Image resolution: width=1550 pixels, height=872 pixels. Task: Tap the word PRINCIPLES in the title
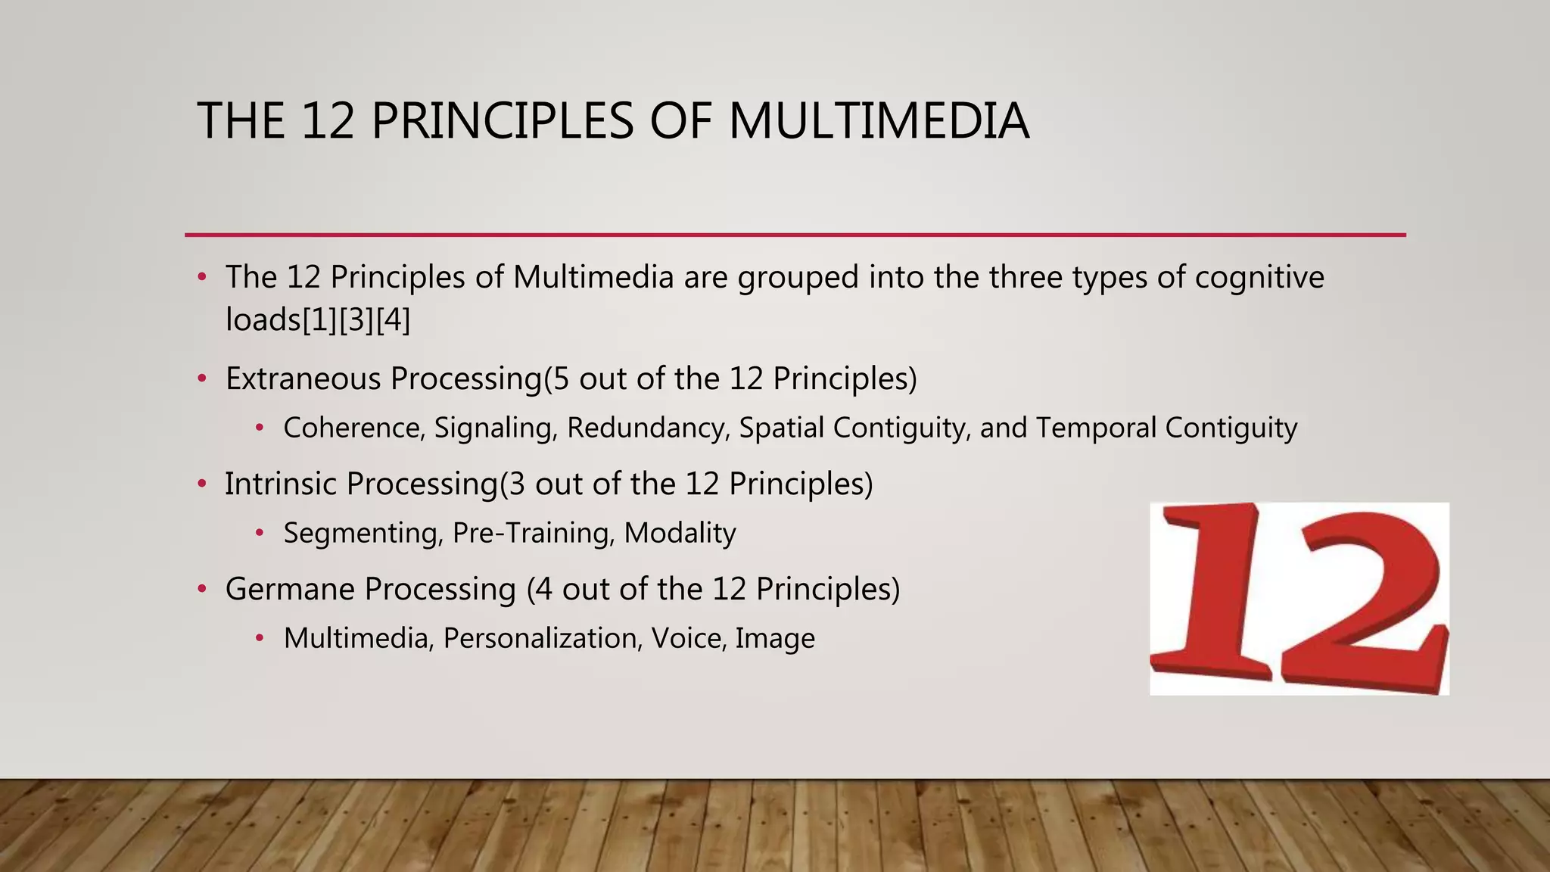point(503,121)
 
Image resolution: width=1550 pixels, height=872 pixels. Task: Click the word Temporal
point(1095,428)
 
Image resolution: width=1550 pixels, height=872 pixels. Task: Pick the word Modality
point(680,534)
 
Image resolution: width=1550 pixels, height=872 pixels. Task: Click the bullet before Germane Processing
point(201,589)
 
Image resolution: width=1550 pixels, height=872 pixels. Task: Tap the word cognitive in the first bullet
point(1259,277)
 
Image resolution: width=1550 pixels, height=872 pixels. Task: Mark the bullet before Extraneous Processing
point(201,378)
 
